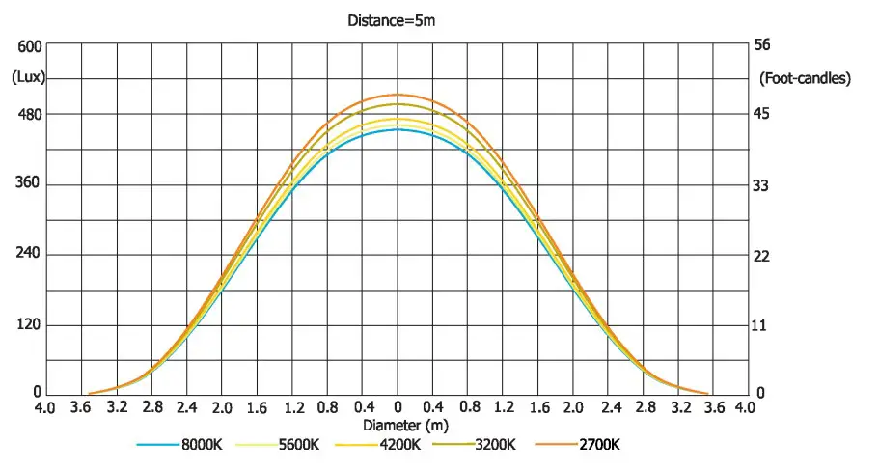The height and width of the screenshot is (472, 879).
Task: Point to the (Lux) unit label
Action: [30, 78]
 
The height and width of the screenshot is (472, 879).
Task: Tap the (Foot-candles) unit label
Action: [806, 78]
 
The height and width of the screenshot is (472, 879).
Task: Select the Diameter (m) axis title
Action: [406, 425]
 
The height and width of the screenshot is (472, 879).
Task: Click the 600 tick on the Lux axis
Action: [30, 46]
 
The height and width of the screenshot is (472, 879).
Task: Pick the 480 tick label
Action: [30, 115]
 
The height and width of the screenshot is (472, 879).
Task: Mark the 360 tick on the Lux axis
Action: [30, 184]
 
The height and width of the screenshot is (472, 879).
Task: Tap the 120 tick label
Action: [30, 324]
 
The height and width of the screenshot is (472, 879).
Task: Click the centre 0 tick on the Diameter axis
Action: [398, 408]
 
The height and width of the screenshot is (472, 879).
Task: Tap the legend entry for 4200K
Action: [398, 445]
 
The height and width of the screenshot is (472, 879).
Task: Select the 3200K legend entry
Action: [495, 445]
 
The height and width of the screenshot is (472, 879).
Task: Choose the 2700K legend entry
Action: [598, 445]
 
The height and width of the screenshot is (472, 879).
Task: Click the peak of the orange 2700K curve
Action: [398, 95]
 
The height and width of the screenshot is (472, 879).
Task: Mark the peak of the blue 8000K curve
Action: [398, 129]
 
